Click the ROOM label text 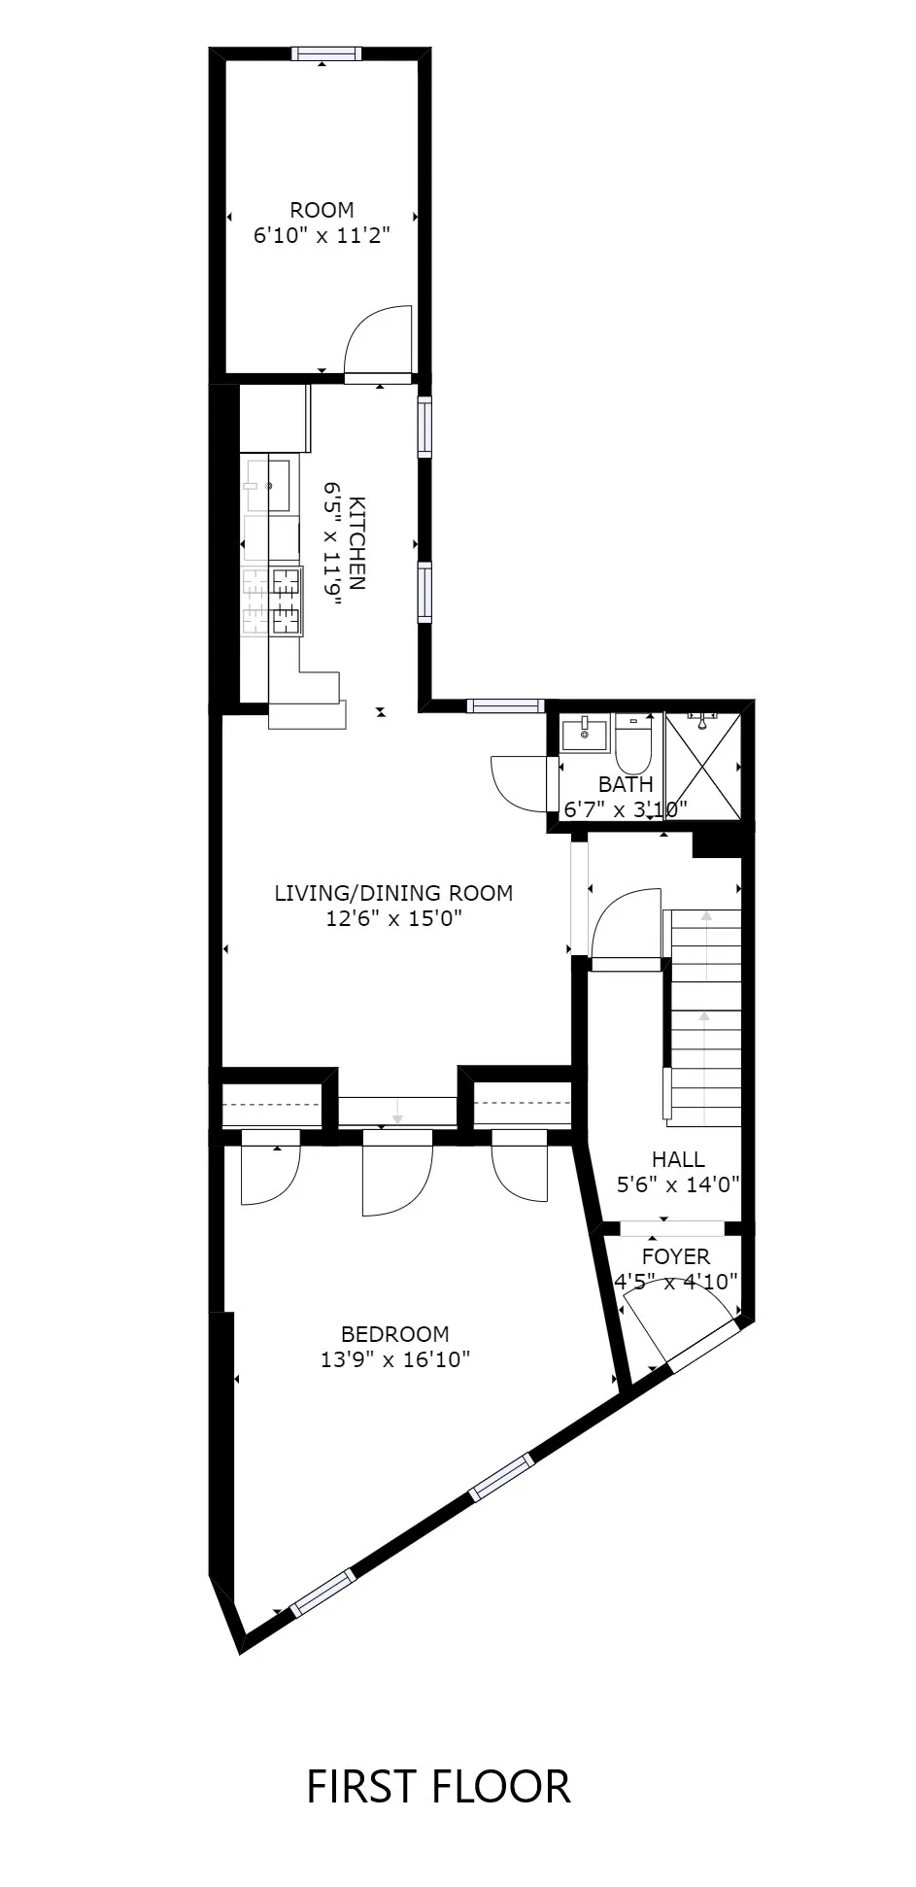click(x=322, y=210)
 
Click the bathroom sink click(x=585, y=731)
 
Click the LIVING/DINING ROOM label click(x=393, y=893)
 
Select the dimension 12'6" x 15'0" click(x=393, y=918)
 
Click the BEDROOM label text click(x=394, y=1334)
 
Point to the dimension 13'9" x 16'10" click(x=394, y=1359)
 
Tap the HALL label click(x=678, y=1159)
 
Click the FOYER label click(x=675, y=1256)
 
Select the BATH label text click(x=626, y=784)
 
